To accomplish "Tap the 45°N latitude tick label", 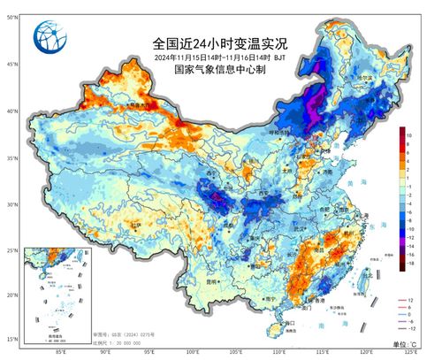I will pos(11,65).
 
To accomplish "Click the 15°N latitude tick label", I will pos(11,339).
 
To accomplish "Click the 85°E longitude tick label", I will pos(62,352).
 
